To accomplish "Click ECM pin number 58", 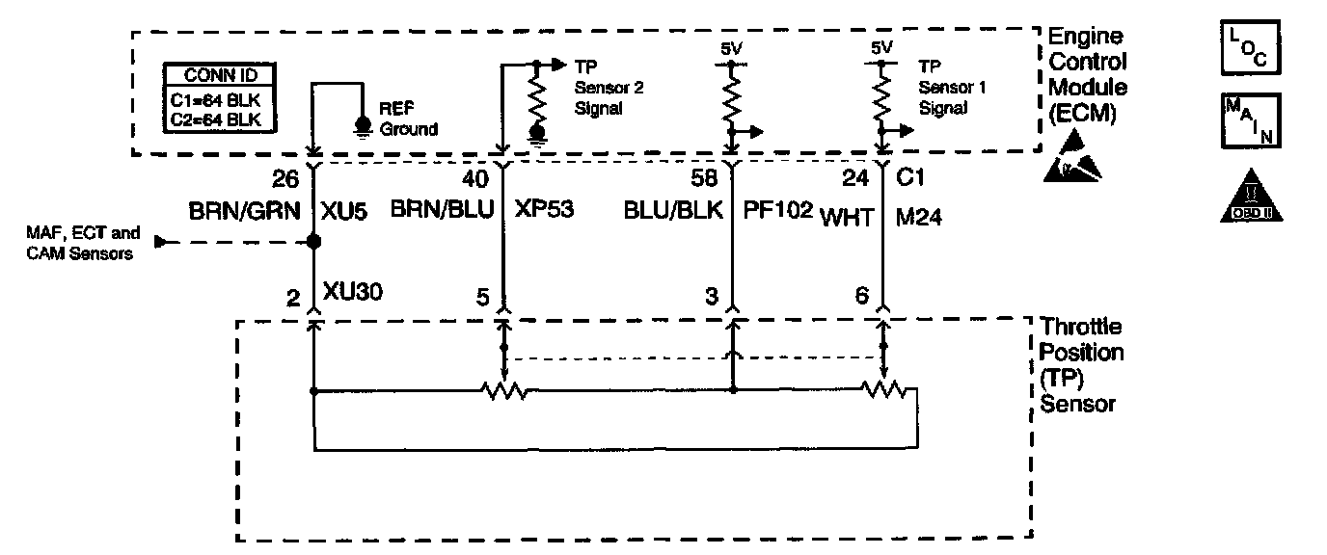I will pos(705,179).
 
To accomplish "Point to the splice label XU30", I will pos(358,293).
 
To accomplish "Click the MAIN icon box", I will pos(1251,120).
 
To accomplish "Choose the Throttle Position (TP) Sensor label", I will pos(1082,365).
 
